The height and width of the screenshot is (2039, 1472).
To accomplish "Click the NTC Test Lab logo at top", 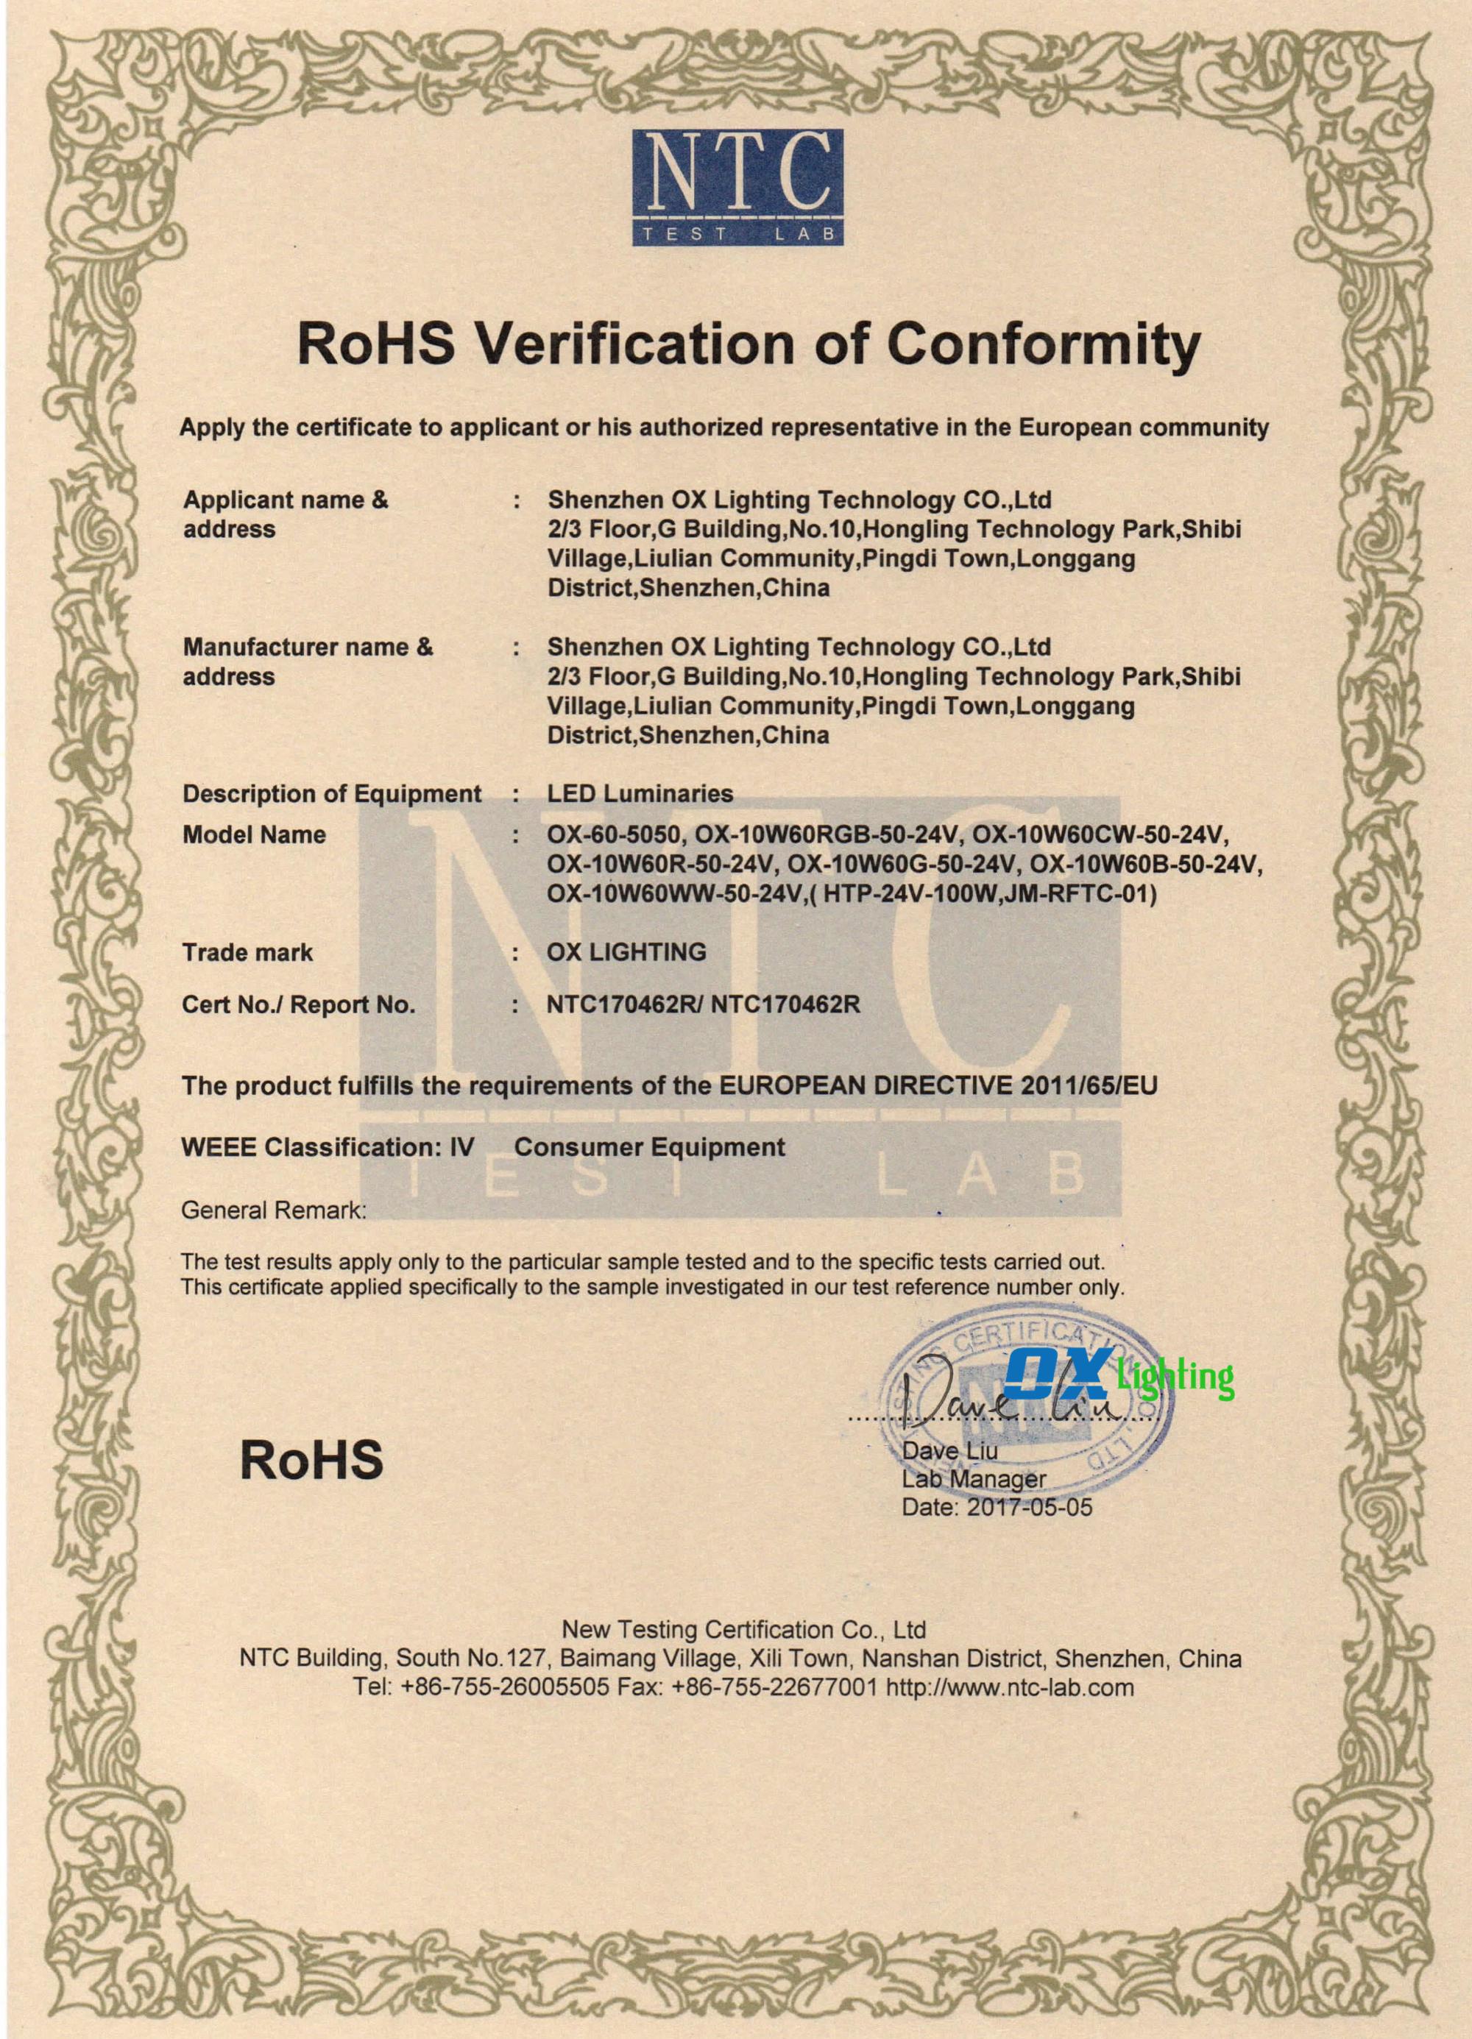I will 737,187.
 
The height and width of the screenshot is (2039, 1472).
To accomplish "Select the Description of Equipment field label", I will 332,794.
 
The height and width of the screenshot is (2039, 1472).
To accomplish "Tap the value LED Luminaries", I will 640,794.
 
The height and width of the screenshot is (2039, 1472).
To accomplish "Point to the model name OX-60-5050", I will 617,835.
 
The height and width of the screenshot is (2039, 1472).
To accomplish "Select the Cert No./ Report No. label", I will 299,1004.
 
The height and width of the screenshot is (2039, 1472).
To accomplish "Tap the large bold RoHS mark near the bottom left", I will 311,1460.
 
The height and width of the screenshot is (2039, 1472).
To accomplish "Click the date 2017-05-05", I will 1030,1507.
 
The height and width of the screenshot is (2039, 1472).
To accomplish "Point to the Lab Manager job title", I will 973,1479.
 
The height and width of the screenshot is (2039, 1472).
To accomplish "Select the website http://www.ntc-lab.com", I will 1010,1687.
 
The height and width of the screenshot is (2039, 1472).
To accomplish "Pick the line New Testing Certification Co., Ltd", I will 743,1630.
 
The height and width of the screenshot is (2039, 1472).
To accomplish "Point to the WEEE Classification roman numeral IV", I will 461,1147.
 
